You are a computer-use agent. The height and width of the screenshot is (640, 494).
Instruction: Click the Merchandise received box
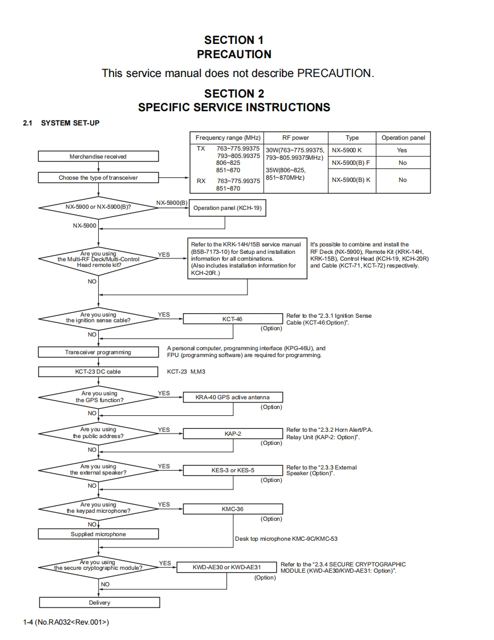[98, 156]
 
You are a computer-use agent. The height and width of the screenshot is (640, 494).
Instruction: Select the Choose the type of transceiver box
[98, 178]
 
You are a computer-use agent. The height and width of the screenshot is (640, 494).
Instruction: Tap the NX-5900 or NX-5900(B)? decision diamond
[98, 206]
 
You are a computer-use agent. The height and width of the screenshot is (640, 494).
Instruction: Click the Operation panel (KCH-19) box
[227, 208]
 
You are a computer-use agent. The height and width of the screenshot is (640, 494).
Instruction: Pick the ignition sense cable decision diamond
[98, 318]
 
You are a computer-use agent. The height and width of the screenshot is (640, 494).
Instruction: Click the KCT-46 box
[232, 319]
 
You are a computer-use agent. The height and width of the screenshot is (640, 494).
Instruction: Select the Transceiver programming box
[98, 353]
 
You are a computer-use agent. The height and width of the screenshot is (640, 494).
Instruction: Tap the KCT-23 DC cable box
[98, 372]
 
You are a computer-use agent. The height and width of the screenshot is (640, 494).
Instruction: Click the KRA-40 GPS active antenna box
[232, 398]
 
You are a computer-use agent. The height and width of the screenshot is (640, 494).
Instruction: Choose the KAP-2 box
[232, 434]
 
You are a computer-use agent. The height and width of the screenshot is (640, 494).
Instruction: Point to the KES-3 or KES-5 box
[232, 471]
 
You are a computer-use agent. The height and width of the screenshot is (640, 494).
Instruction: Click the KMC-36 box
[232, 509]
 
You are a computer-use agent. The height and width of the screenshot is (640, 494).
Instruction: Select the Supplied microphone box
[98, 534]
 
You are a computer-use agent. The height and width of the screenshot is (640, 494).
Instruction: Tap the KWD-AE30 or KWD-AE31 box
[226, 568]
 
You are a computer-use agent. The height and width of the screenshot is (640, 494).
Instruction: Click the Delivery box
[99, 603]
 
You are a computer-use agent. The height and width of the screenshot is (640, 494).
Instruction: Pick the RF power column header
[295, 138]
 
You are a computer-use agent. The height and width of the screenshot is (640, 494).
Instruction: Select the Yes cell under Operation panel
[402, 150]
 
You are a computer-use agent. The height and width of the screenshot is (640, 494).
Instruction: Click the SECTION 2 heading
[234, 94]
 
